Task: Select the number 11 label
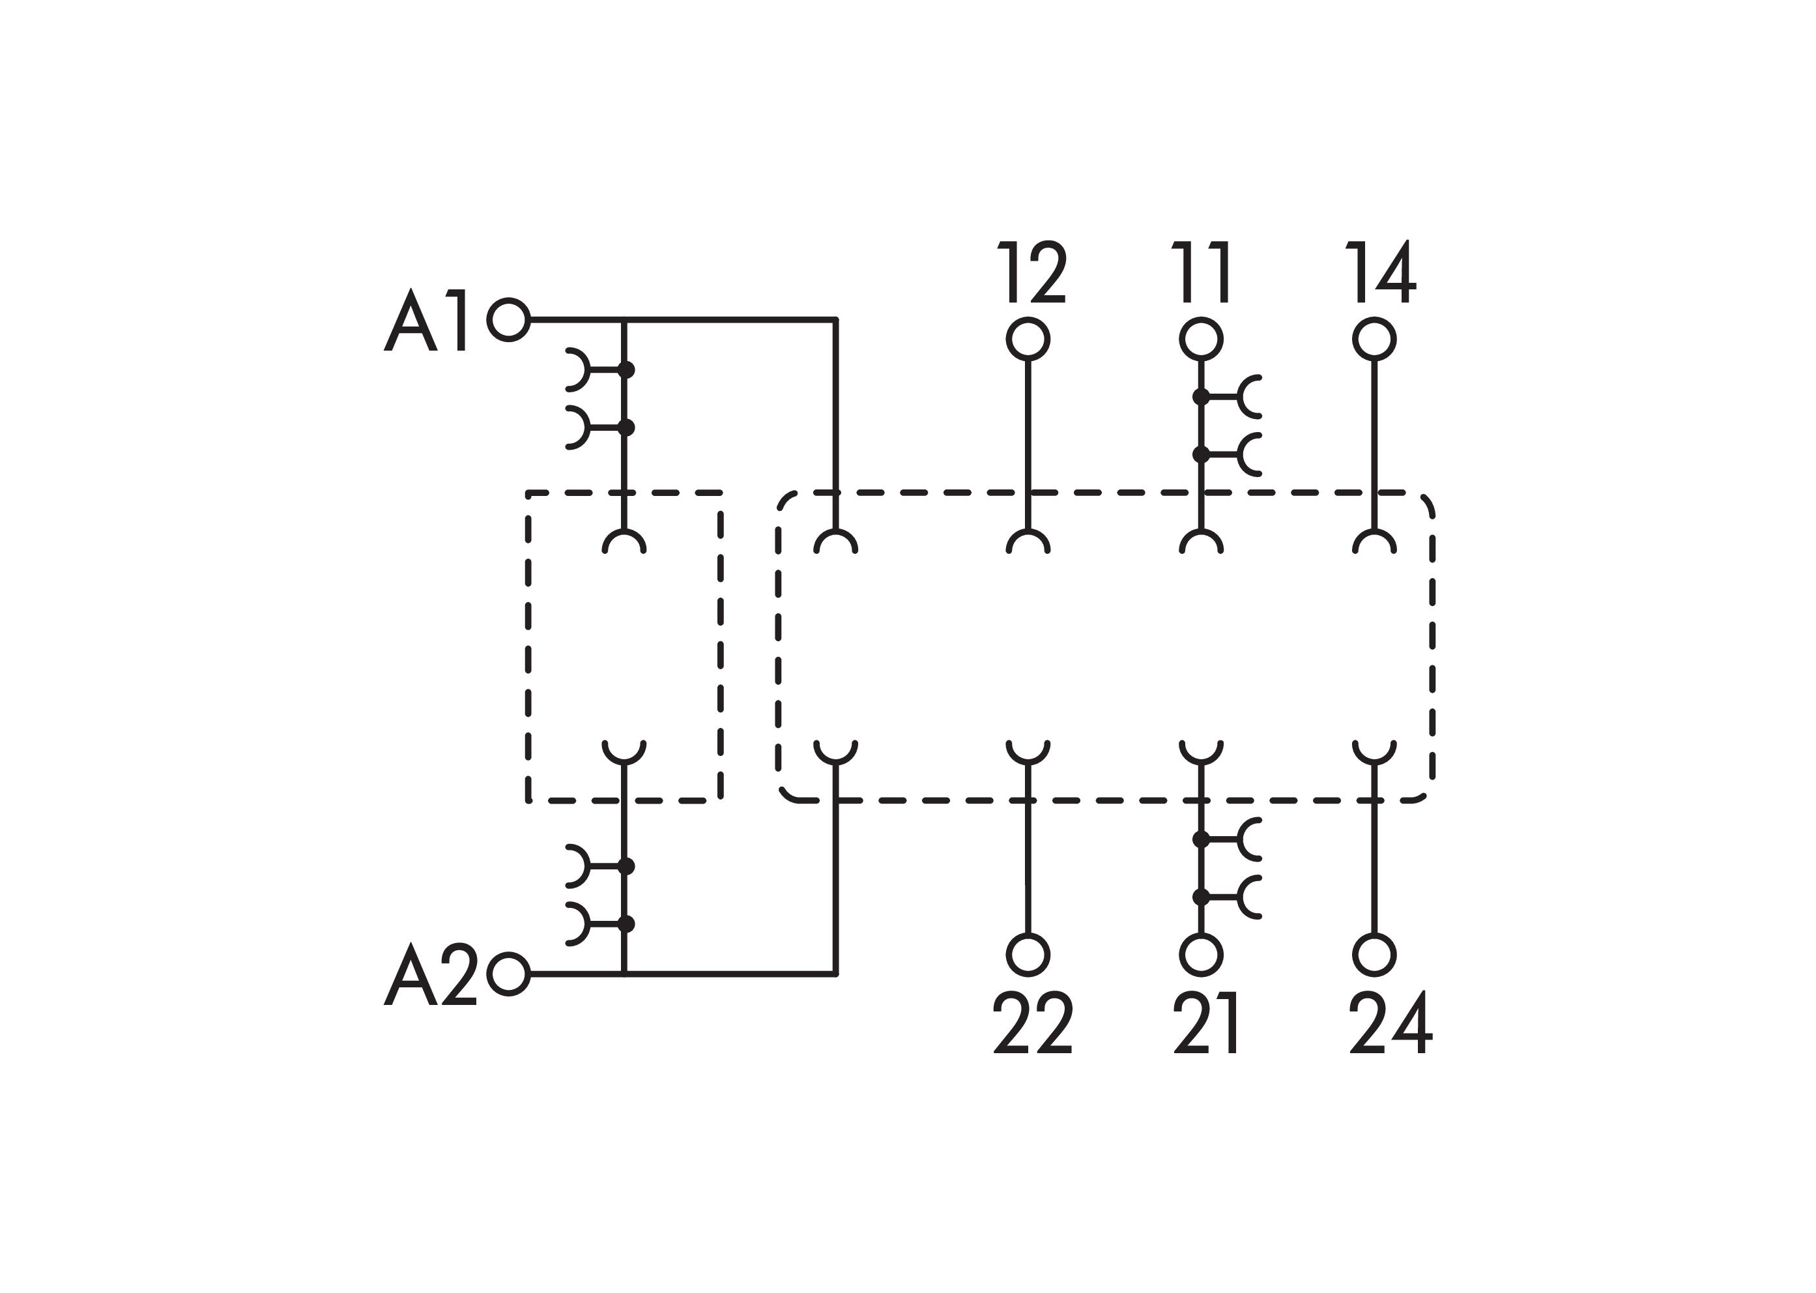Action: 1202,272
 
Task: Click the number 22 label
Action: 1033,1023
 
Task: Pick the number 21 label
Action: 1205,1023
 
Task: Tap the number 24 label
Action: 1390,1023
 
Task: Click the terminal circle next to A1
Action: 509,320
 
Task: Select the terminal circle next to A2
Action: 509,974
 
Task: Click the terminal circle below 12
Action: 1028,339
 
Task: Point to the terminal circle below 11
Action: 1201,339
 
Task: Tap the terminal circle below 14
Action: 1374,339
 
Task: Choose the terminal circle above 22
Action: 1028,955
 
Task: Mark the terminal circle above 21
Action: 1201,955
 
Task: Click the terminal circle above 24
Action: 1374,955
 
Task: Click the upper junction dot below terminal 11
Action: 1201,396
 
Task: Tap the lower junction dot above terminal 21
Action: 1201,897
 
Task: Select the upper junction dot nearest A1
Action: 627,370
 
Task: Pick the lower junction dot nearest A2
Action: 627,923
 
